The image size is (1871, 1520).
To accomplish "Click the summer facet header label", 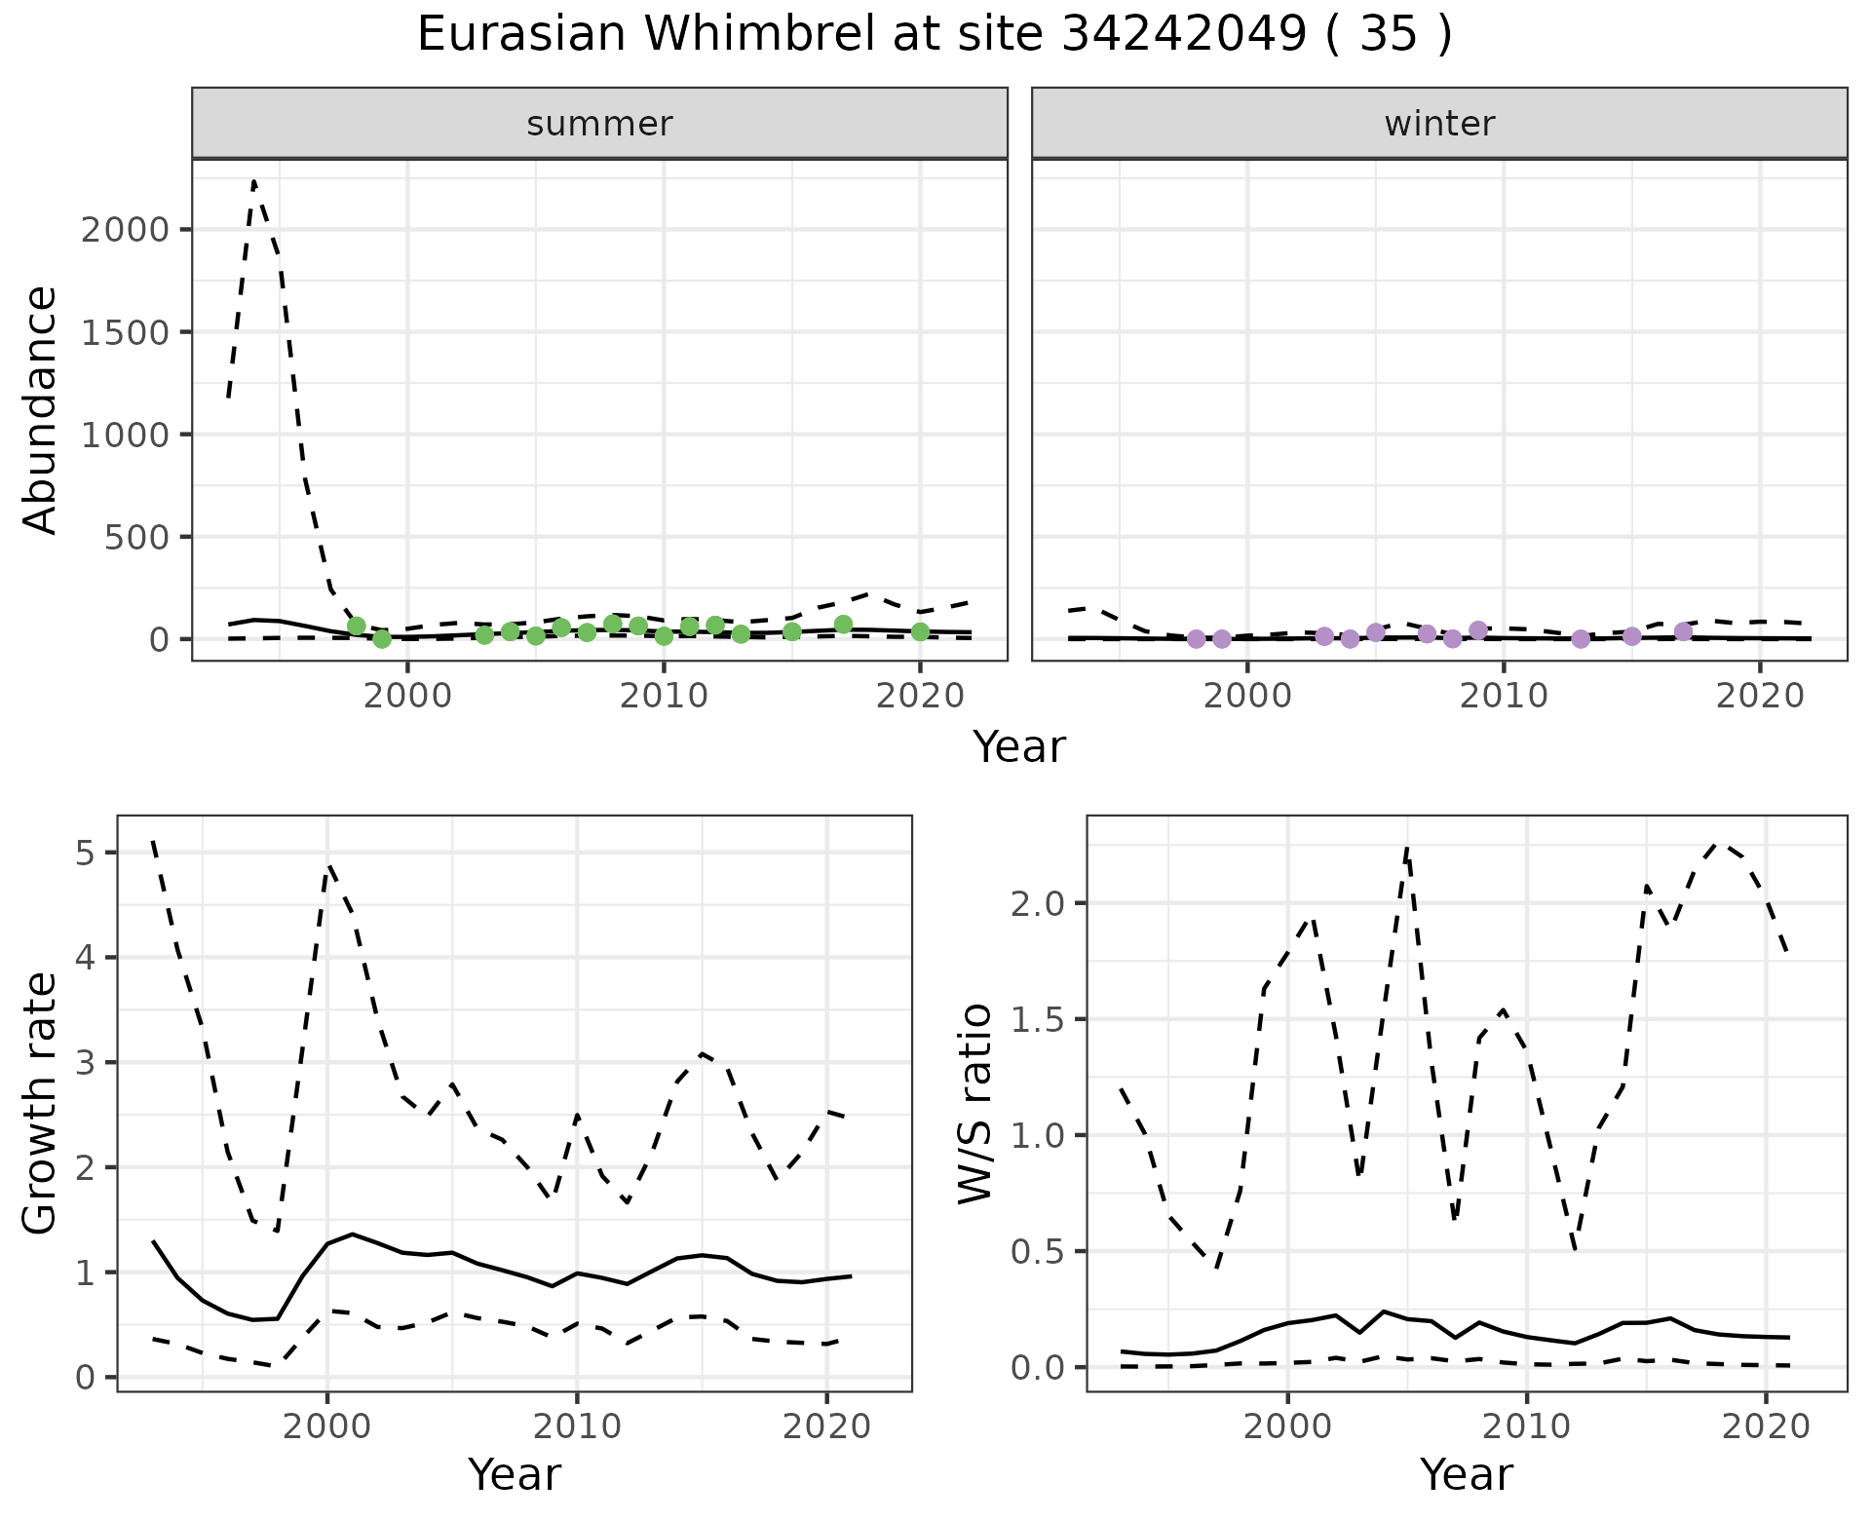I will (599, 124).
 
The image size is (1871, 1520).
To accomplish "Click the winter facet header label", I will (1439, 124).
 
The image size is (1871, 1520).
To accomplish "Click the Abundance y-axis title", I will (41, 409).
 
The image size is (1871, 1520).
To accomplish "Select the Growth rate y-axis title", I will (41, 1103).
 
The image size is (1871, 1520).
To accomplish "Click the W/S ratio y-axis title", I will (974, 1103).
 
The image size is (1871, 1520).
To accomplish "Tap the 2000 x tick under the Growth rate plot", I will (327, 1427).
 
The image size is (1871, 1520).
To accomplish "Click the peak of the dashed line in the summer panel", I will (254, 182).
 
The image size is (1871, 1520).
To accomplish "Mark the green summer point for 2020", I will (920, 631).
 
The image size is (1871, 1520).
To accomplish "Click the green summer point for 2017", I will (844, 625).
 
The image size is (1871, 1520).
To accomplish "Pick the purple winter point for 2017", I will (1683, 631).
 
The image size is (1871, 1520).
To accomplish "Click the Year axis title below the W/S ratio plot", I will (1467, 1474).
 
